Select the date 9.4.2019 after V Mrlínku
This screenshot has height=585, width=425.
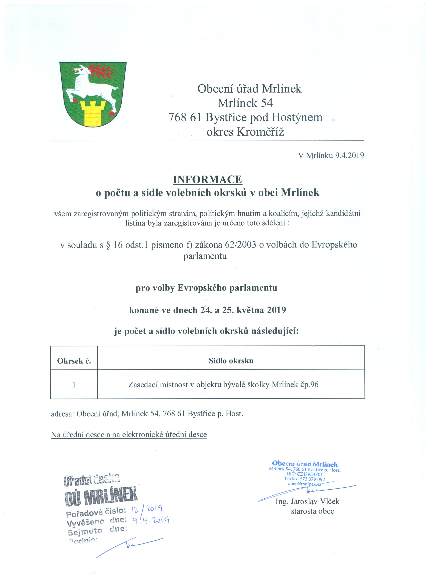(x=349, y=155)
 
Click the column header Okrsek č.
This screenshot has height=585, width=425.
(x=74, y=361)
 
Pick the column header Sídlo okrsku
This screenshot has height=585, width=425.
(x=231, y=361)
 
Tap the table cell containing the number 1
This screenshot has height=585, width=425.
(x=74, y=385)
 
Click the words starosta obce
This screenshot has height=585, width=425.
(x=313, y=511)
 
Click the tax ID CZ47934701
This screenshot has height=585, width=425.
(x=310, y=474)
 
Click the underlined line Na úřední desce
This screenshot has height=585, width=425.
(x=129, y=435)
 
